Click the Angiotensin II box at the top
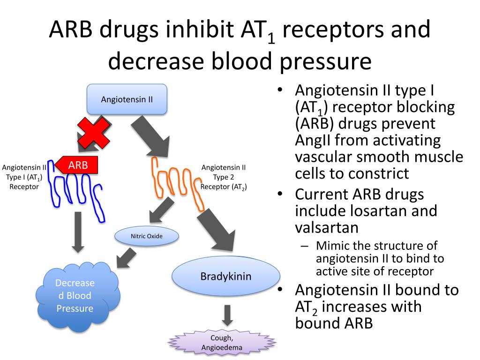[127, 99]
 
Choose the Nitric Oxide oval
[147, 236]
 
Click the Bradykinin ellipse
[226, 276]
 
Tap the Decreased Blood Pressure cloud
[75, 296]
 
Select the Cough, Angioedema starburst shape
[222, 343]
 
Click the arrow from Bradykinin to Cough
[227, 315]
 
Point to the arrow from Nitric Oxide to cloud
[125, 259]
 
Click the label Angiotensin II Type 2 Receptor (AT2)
[224, 177]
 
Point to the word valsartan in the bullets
[326, 227]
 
